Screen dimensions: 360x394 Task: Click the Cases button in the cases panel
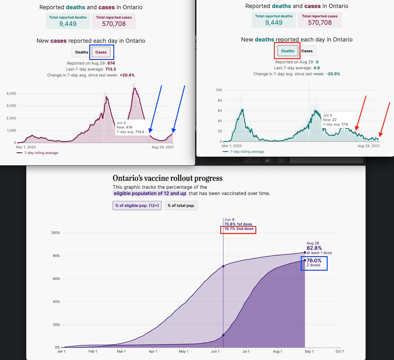tap(101, 52)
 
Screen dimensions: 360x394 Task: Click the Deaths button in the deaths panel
tap(287, 51)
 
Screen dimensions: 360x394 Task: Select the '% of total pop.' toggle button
tap(181, 205)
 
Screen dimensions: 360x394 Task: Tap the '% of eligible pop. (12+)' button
tap(137, 205)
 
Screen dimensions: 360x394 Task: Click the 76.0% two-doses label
tap(314, 261)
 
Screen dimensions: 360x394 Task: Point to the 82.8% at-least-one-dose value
tap(314, 248)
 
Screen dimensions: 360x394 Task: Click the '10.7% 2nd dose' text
tap(239, 229)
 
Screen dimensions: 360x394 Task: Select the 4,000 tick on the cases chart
tap(11, 94)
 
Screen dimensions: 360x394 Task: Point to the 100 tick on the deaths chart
tap(219, 90)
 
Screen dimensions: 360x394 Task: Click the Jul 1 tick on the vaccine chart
tap(246, 351)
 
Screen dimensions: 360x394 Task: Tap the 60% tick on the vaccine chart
tap(56, 279)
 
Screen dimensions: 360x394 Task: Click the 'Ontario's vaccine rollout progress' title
tap(167, 178)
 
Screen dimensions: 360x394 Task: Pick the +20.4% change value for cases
tap(127, 75)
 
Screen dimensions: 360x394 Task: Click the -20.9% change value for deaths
tap(333, 74)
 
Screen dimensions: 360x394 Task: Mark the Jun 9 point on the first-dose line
tap(223, 266)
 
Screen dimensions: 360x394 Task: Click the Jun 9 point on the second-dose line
tap(223, 335)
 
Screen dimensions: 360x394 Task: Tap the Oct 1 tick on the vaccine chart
tap(340, 351)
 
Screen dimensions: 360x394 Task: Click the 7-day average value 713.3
tap(111, 69)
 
